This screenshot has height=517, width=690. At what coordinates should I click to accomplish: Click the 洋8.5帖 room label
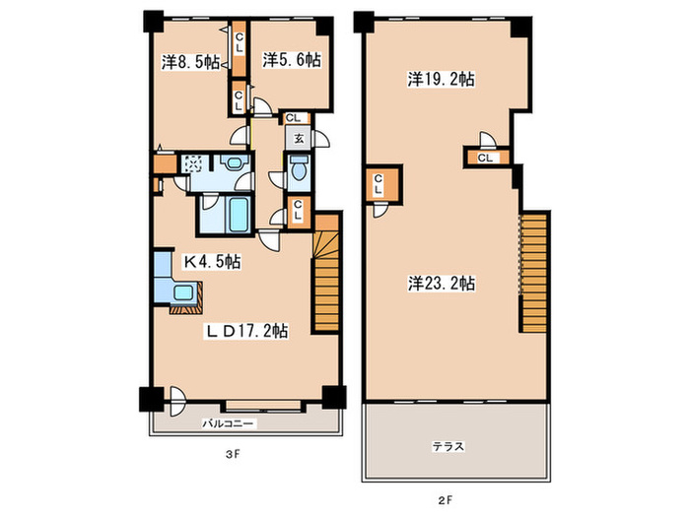190,62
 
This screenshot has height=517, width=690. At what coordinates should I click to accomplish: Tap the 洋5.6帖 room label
292,59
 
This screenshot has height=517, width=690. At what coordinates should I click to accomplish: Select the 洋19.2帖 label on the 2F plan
441,80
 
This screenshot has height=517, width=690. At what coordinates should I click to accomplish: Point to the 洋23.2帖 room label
442,284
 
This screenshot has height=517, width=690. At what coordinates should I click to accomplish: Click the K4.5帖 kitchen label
212,262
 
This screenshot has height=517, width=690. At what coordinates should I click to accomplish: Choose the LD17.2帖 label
247,331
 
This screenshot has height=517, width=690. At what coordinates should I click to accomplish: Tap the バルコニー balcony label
228,423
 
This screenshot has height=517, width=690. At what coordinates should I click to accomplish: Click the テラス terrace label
448,447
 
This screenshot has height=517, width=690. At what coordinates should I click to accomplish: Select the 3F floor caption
232,455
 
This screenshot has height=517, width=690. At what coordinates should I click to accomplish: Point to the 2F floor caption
445,499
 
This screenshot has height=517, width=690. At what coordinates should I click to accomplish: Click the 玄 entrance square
299,139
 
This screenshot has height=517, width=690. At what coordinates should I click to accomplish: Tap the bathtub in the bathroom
239,215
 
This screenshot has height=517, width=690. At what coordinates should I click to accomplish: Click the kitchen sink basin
183,292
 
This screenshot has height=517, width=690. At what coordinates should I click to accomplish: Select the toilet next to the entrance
299,168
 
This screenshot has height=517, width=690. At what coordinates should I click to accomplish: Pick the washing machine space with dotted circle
193,163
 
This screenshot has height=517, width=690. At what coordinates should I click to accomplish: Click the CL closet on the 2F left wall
382,184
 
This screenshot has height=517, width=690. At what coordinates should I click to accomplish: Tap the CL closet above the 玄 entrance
294,118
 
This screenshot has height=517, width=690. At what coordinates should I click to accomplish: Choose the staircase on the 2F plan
534,273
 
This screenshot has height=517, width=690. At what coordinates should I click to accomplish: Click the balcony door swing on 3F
177,401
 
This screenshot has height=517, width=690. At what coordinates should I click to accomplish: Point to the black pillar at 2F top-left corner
364,21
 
